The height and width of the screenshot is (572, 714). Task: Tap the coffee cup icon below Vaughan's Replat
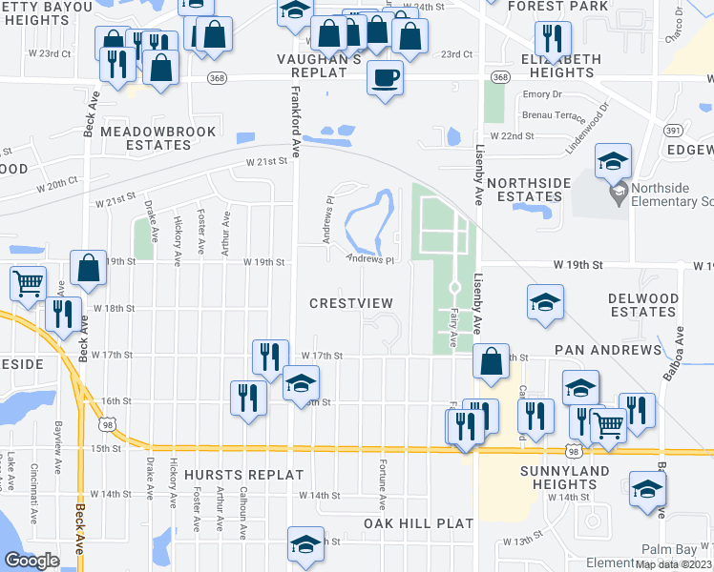[385, 78]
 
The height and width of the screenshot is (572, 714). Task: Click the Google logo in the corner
[31, 561]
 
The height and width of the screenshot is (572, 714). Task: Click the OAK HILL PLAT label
[418, 523]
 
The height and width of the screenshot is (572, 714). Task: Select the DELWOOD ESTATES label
[643, 305]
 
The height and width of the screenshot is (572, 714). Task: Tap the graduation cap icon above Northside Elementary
[613, 161]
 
